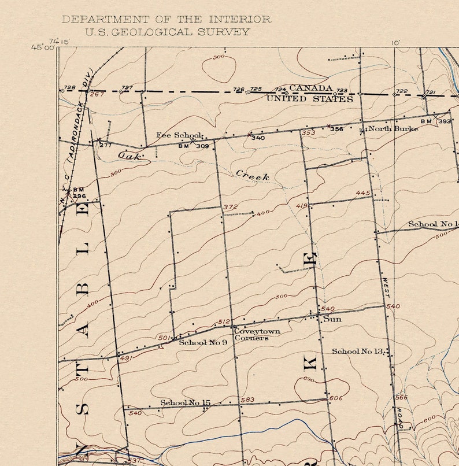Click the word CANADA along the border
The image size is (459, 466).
point(310,88)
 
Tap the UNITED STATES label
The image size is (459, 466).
point(309,99)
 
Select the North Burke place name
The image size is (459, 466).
point(393,128)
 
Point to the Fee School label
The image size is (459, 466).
point(179,135)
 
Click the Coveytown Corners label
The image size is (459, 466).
point(256,335)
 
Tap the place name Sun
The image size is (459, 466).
point(332,319)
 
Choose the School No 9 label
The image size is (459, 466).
point(202,342)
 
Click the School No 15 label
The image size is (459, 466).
point(185,402)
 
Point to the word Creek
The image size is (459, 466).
point(252,175)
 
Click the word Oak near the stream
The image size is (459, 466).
point(129,156)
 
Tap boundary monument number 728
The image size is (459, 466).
point(69,87)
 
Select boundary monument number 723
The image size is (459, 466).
point(342,91)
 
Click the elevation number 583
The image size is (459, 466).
point(247,400)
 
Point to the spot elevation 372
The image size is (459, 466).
point(230,207)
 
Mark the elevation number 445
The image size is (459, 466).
point(362,193)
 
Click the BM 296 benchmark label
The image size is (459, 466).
point(79,193)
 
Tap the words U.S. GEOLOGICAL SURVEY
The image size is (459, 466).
point(167,32)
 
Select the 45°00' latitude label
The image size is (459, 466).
point(43,48)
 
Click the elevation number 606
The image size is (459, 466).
point(335,398)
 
